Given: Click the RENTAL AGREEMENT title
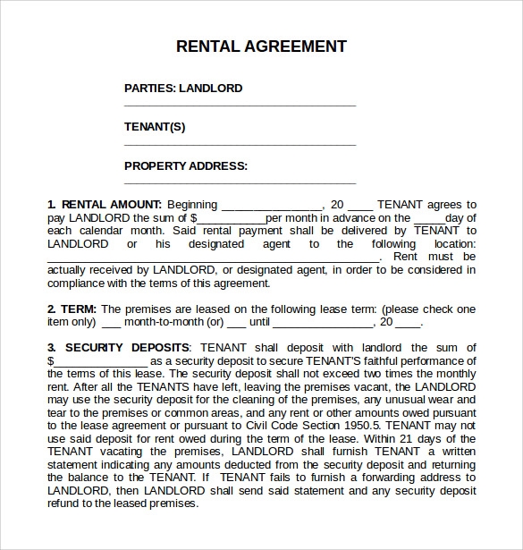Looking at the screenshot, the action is click(261, 47).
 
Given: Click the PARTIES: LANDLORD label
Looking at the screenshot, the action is click(183, 89).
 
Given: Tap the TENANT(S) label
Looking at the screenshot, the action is click(155, 127).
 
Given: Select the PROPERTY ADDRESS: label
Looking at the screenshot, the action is click(186, 165).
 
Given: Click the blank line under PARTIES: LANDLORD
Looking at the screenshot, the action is click(240, 106).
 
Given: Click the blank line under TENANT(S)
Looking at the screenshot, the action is click(240, 144).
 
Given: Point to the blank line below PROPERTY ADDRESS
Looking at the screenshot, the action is click(240, 182).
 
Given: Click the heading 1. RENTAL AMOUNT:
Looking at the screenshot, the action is click(105, 205).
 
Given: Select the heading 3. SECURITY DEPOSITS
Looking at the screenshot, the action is click(118, 347).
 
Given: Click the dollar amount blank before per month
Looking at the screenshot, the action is click(231, 219).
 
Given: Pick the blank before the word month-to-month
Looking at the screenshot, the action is click(110, 324).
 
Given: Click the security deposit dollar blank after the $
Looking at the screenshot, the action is click(100, 362).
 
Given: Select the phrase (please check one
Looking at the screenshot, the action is click(426, 309).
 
